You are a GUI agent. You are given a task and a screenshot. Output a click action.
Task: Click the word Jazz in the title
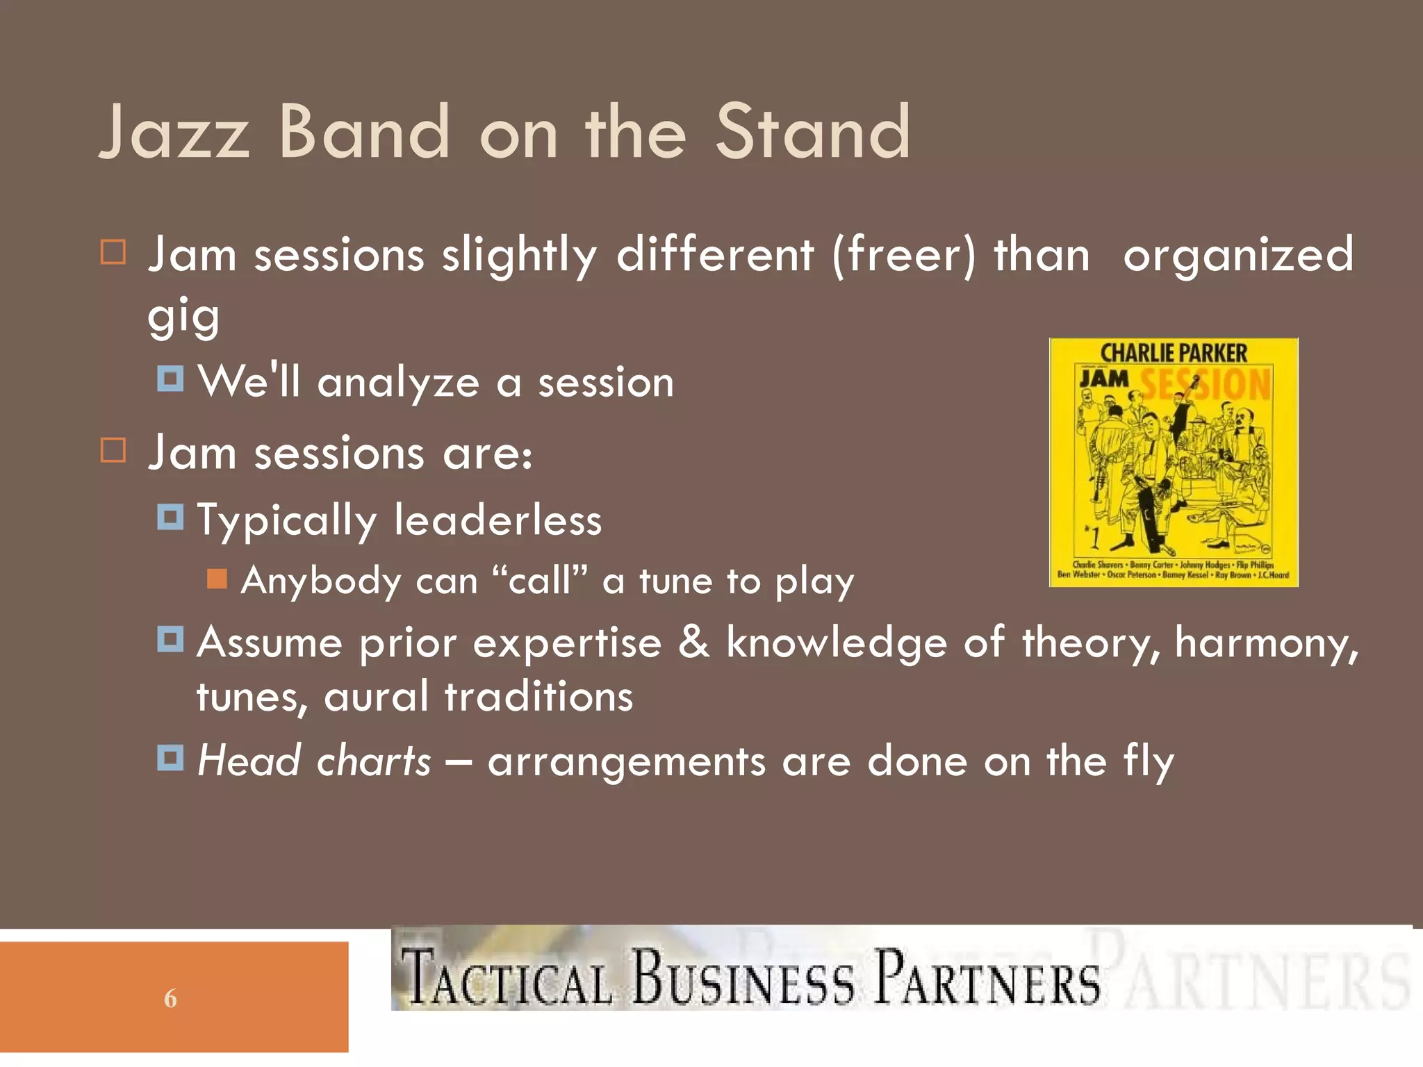pos(174,132)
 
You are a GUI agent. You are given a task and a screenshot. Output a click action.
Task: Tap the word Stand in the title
pos(812,132)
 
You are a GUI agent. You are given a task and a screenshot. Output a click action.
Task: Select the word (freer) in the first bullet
pos(904,255)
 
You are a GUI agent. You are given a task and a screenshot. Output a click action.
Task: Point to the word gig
pos(183,317)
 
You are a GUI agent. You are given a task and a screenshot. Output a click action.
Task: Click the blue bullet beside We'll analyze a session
pos(170,379)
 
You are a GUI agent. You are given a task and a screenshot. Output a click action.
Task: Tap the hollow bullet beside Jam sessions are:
pos(113,450)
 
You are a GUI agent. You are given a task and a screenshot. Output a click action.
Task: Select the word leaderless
pos(497,520)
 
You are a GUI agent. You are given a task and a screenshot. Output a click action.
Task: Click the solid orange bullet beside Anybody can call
pos(217,579)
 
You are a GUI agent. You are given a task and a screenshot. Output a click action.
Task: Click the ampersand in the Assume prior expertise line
pos(693,641)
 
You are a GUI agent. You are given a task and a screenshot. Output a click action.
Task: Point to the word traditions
pos(538,697)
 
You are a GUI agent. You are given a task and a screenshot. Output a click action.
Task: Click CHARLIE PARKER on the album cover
pos(1174,353)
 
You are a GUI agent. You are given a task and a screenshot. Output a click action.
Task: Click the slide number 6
pos(170,999)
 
